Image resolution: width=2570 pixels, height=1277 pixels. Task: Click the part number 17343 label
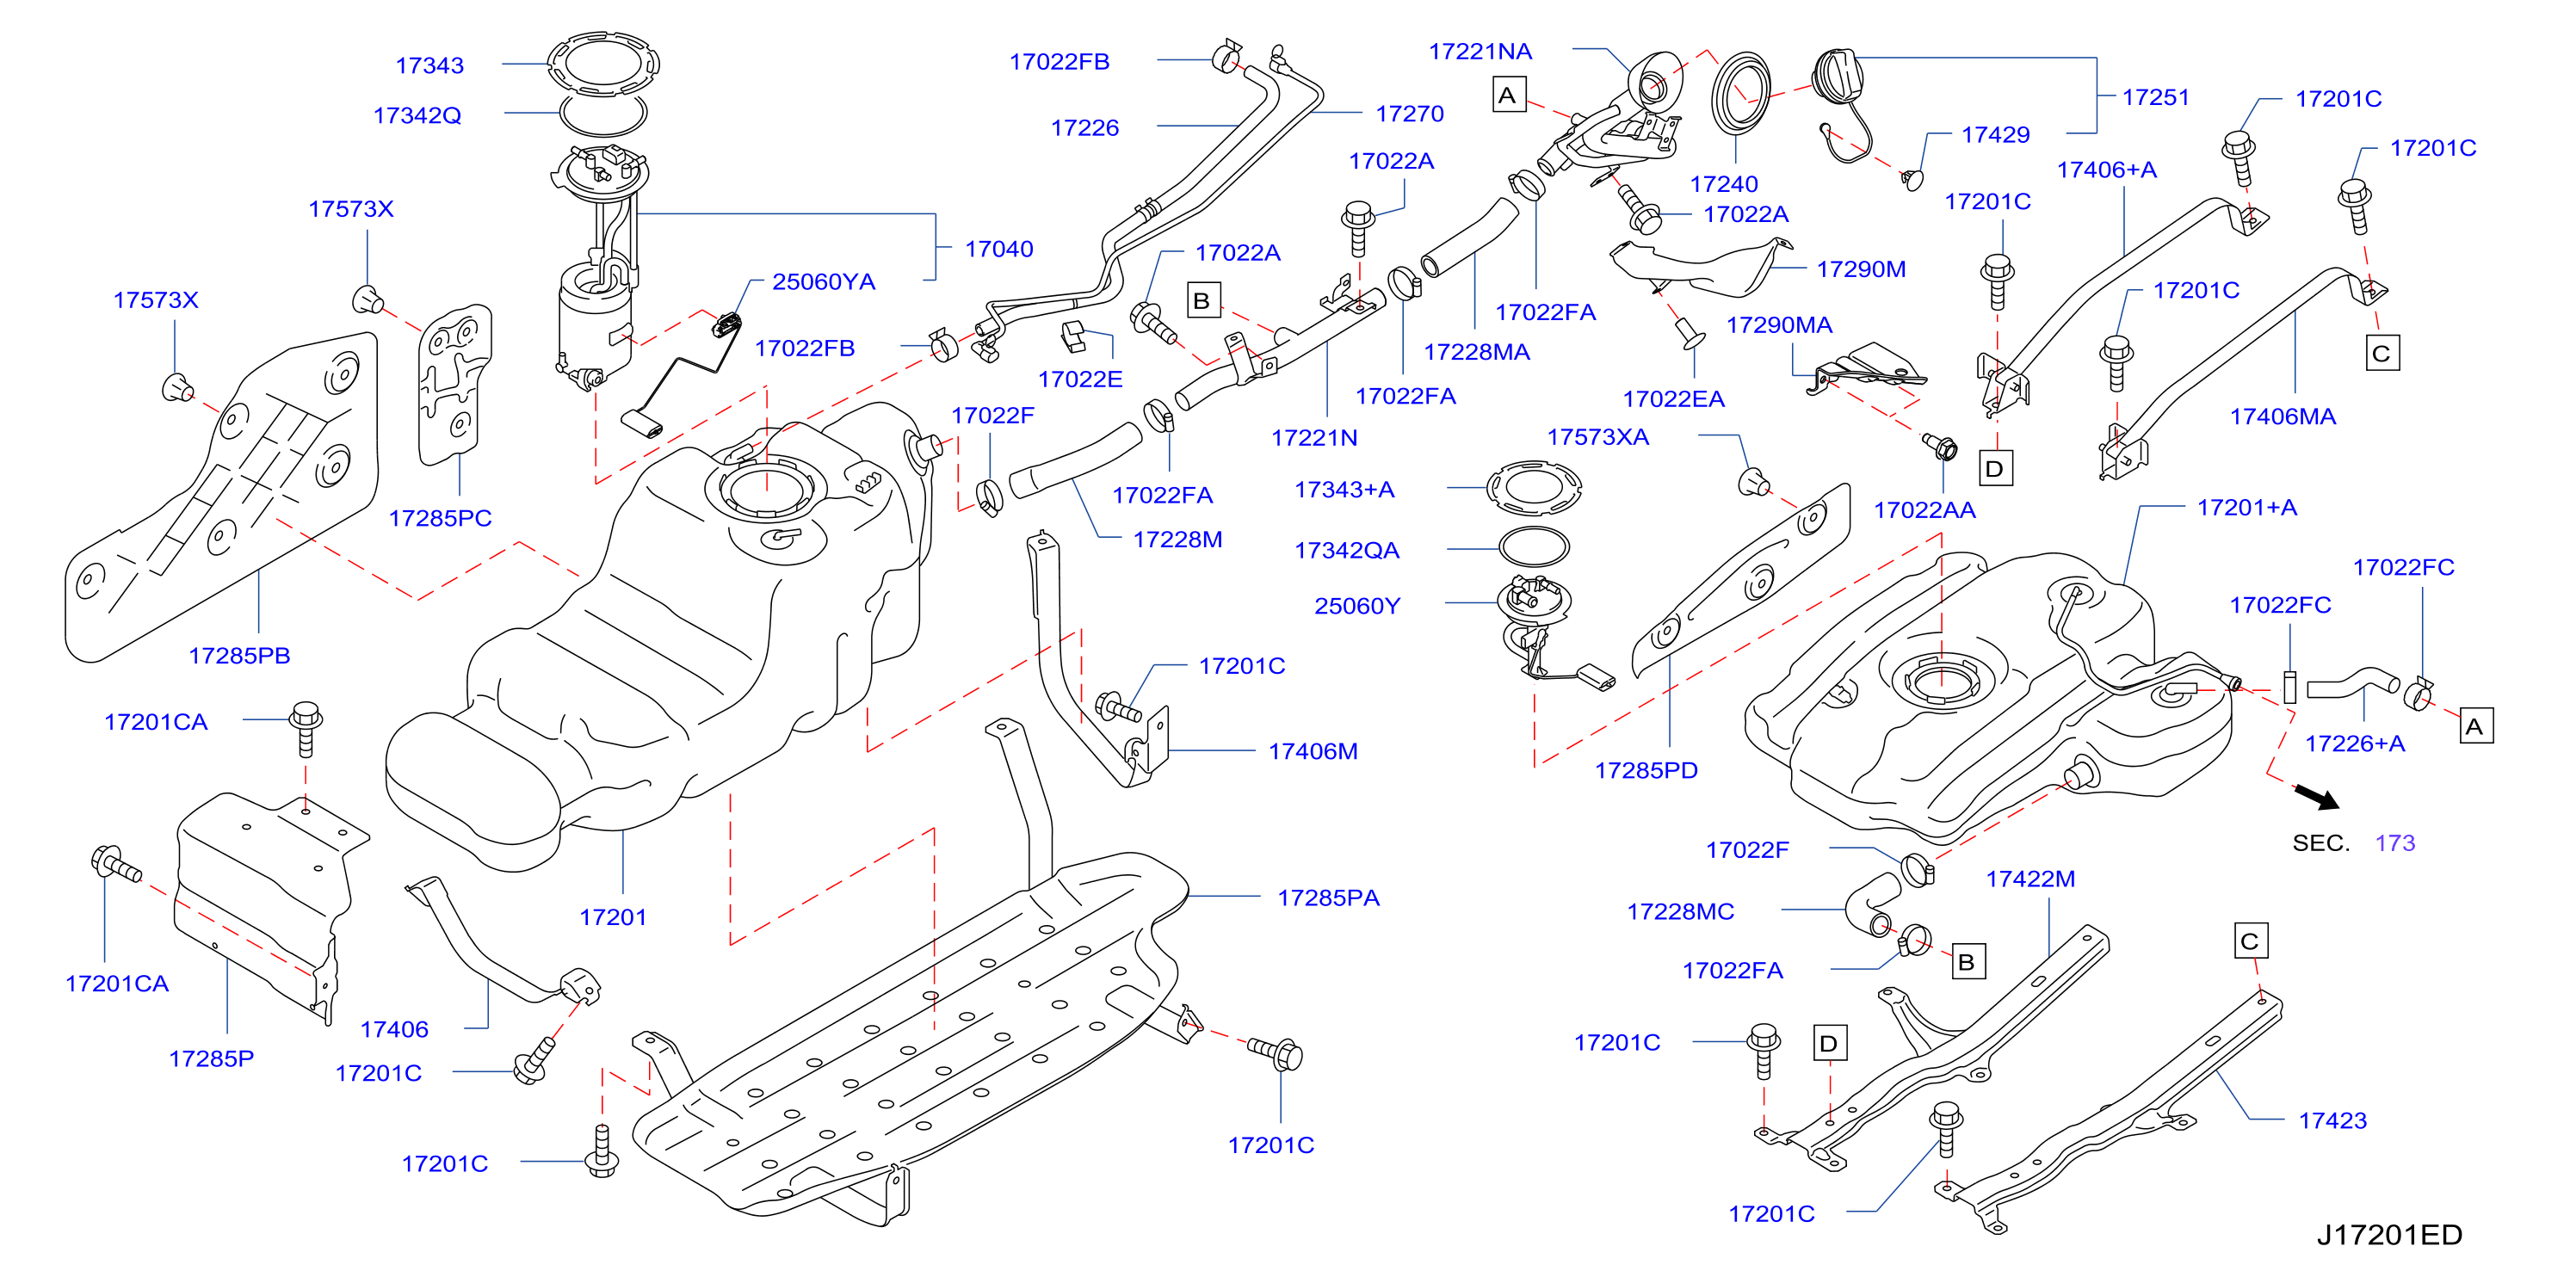pyautogui.click(x=430, y=66)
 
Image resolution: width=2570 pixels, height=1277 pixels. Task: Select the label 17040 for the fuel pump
pyautogui.click(x=998, y=250)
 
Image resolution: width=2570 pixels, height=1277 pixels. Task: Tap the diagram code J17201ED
pyautogui.click(x=2389, y=1235)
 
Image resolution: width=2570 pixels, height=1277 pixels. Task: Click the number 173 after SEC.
pyautogui.click(x=2395, y=843)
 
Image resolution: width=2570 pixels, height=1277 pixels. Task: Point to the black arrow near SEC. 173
pyautogui.click(x=2317, y=796)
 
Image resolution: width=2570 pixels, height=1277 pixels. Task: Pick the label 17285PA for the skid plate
pyautogui.click(x=1329, y=898)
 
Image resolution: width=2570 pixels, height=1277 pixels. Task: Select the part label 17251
pyautogui.click(x=2155, y=98)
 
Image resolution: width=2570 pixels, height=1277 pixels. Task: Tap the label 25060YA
pyautogui.click(x=824, y=282)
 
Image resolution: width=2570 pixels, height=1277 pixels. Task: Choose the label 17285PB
pyautogui.click(x=239, y=657)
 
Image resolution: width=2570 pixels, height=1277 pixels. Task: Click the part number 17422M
pyautogui.click(x=2030, y=879)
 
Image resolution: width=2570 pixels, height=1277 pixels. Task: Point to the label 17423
pyautogui.click(x=2332, y=1121)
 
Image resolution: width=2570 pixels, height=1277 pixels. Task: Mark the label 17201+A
pyautogui.click(x=2246, y=508)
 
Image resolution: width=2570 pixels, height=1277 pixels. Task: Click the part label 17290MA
pyautogui.click(x=1779, y=325)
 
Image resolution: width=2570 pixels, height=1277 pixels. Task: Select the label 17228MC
pyautogui.click(x=1680, y=912)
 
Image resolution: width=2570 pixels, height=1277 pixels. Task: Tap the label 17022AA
pyautogui.click(x=1924, y=511)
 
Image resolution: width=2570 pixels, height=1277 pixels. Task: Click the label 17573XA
pyautogui.click(x=1597, y=437)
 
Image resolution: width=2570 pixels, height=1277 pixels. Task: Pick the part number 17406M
pyautogui.click(x=1313, y=751)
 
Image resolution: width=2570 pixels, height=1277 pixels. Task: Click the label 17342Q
pyautogui.click(x=417, y=115)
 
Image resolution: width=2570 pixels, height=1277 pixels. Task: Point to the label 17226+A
pyautogui.click(x=2355, y=743)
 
